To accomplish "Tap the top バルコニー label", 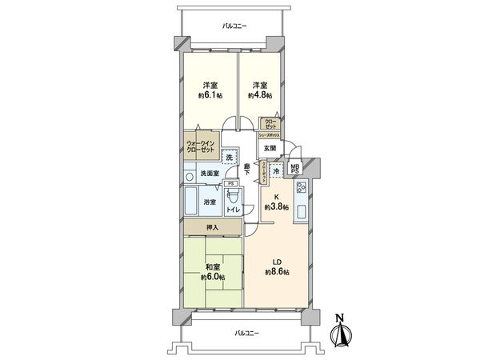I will [234, 26].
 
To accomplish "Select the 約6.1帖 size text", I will [210, 95].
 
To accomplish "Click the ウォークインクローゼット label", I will [202, 146].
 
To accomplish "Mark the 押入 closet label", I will [212, 228].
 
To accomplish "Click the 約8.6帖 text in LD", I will [278, 273].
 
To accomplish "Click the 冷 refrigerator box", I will [276, 170].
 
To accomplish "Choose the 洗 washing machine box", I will [230, 158].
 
